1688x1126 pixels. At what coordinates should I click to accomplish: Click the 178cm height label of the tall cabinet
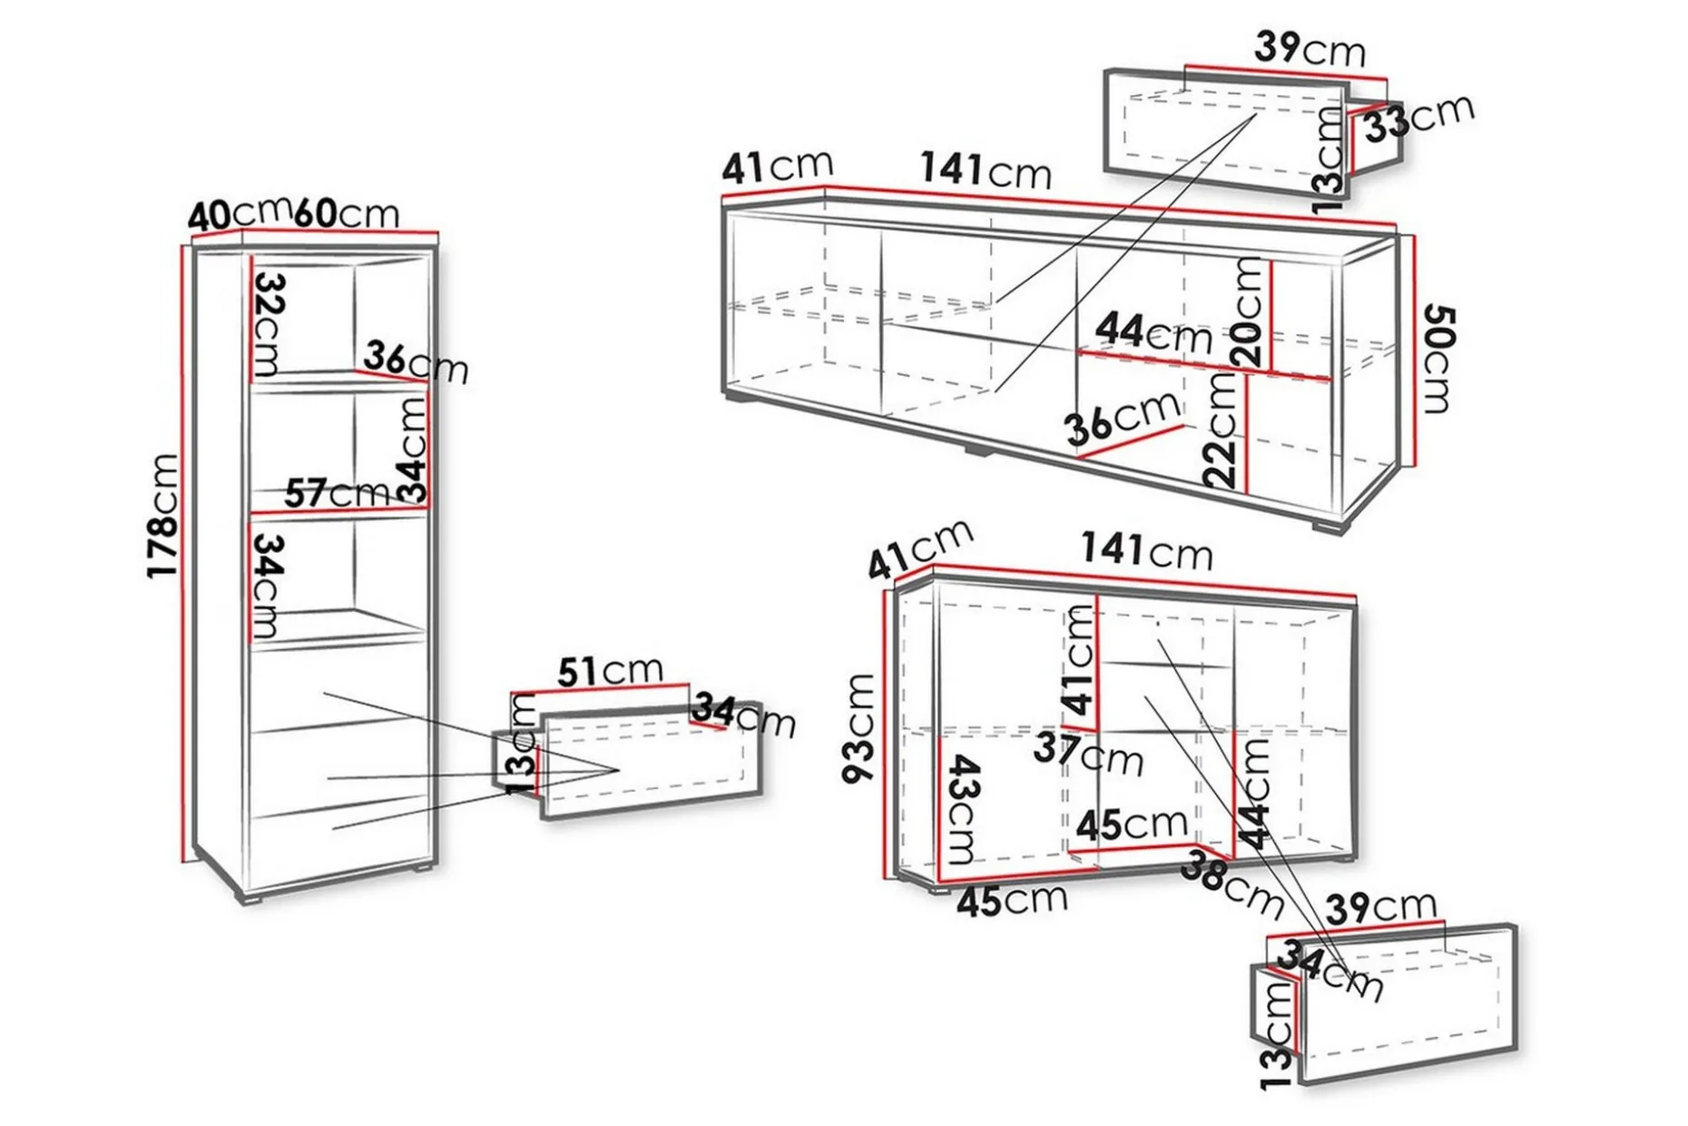coord(163,515)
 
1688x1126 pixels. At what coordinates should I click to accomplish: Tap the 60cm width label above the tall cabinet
coord(346,212)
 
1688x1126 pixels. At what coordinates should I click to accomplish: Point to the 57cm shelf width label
coord(337,494)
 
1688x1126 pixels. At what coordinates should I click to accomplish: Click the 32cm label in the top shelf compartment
coord(269,325)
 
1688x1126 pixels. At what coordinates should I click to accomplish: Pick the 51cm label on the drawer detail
coord(610,672)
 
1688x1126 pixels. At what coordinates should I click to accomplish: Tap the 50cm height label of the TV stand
coord(1438,359)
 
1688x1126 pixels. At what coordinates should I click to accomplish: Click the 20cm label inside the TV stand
coord(1249,312)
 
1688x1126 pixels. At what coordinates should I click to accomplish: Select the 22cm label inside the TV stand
coord(1221,430)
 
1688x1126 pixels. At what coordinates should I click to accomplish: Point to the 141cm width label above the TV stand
coord(986,170)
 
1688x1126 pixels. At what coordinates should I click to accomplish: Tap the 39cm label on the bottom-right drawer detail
coord(1381,907)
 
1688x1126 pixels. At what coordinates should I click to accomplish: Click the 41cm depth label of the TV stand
coord(778,166)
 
